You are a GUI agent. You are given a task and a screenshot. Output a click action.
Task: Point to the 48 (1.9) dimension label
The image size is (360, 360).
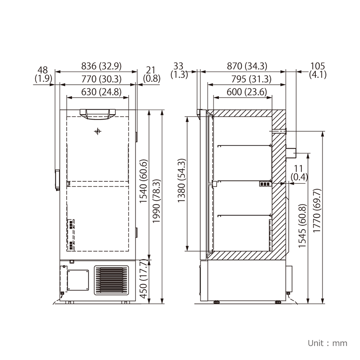(x=43, y=74)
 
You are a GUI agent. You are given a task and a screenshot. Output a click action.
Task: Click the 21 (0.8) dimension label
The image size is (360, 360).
(x=152, y=74)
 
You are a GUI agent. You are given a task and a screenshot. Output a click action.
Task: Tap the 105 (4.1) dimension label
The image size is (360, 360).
(x=318, y=70)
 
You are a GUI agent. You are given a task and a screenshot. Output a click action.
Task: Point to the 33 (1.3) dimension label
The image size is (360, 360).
(x=179, y=70)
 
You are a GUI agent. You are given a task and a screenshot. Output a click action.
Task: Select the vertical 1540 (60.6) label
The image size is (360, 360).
(x=143, y=181)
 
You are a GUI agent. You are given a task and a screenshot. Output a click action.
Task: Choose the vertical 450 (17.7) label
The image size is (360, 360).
(x=143, y=280)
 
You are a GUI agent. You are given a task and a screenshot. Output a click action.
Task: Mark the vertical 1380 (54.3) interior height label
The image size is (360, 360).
(x=182, y=181)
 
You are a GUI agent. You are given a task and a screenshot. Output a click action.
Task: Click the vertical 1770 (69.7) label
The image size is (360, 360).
(x=317, y=211)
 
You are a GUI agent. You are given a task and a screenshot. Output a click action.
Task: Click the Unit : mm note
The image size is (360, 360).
(x=327, y=343)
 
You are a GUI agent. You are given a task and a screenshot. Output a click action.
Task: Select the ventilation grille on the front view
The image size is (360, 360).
(x=111, y=280)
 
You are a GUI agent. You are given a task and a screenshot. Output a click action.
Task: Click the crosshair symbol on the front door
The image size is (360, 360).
(x=97, y=131)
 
